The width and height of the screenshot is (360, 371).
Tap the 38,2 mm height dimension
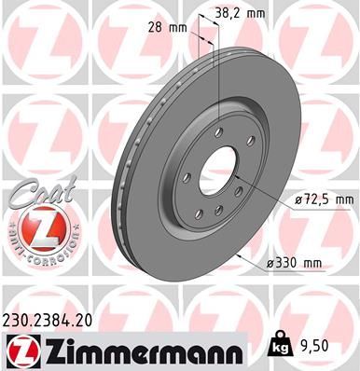239,12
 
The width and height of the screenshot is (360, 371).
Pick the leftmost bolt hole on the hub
187,176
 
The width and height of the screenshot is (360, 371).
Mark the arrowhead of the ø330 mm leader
244,251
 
